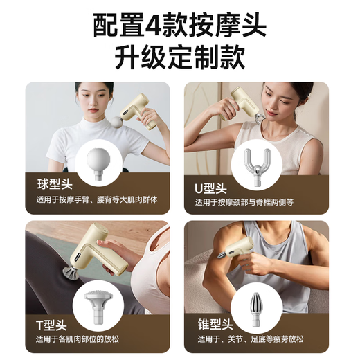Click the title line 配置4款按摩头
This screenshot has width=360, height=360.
179,26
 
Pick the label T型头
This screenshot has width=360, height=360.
52,322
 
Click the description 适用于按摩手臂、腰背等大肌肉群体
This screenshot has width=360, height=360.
96,200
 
